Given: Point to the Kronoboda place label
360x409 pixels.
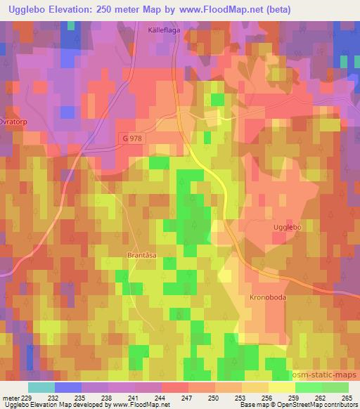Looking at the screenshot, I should click(267, 298).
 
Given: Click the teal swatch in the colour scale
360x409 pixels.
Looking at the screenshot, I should click(41, 388).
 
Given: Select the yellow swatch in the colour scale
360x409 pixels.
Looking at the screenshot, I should click(281, 388).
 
